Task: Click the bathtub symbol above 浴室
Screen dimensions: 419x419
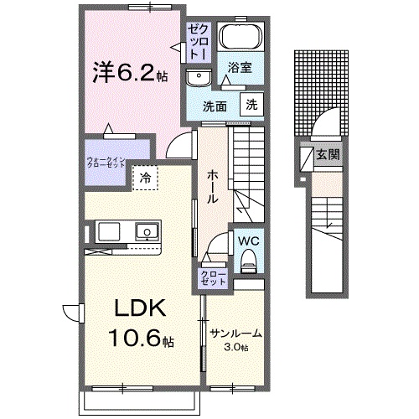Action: tap(241, 39)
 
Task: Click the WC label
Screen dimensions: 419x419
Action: tap(248, 240)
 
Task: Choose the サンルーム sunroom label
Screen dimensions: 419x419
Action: tap(235, 333)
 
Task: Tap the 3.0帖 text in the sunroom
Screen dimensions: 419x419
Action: tap(236, 346)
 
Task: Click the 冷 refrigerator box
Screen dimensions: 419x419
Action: tap(144, 178)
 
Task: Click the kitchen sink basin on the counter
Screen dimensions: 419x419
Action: tap(147, 230)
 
